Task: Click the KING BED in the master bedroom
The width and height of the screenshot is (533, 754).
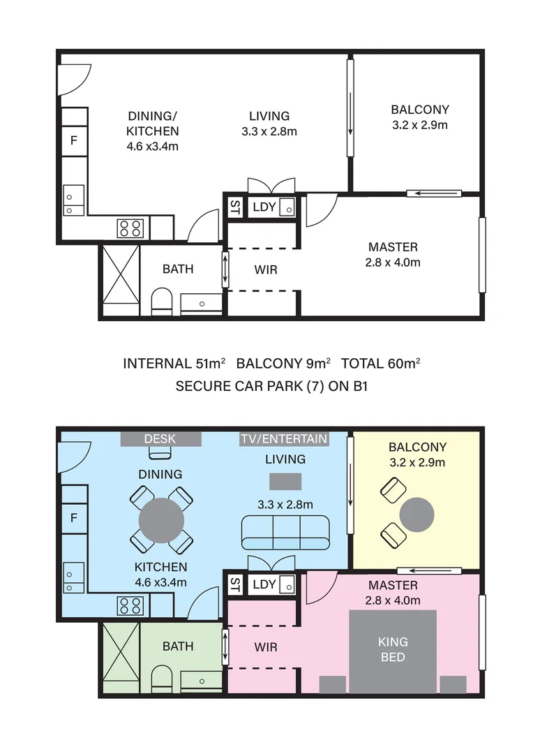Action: pyautogui.click(x=393, y=651)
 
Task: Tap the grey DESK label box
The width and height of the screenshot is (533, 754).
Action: pyautogui.click(x=160, y=439)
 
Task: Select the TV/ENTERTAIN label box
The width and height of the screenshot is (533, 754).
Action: pyautogui.click(x=284, y=439)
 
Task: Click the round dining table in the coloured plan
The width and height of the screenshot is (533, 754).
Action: pyautogui.click(x=161, y=520)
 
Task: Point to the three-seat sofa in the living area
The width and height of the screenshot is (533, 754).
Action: pyautogui.click(x=285, y=532)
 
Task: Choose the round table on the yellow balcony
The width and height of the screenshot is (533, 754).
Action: pyautogui.click(x=417, y=515)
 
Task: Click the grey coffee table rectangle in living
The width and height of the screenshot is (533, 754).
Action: pyautogui.click(x=285, y=481)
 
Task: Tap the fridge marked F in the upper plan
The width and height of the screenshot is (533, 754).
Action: pyautogui.click(x=74, y=140)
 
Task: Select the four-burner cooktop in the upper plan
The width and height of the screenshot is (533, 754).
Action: pyautogui.click(x=130, y=228)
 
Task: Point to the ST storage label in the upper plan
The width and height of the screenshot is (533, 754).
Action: pyautogui.click(x=235, y=207)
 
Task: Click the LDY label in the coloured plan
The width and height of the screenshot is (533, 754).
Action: pyautogui.click(x=264, y=584)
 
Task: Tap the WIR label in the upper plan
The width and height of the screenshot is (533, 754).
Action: pyautogui.click(x=266, y=269)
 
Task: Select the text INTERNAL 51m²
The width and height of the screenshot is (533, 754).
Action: pyautogui.click(x=174, y=364)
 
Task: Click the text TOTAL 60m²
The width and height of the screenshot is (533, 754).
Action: pyautogui.click(x=381, y=364)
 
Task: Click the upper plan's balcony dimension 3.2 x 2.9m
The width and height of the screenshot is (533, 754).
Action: pyautogui.click(x=420, y=125)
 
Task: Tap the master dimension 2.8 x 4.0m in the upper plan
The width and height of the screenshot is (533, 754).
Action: pyautogui.click(x=393, y=263)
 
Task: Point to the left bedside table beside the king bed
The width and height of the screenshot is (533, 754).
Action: pyautogui.click(x=333, y=685)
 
